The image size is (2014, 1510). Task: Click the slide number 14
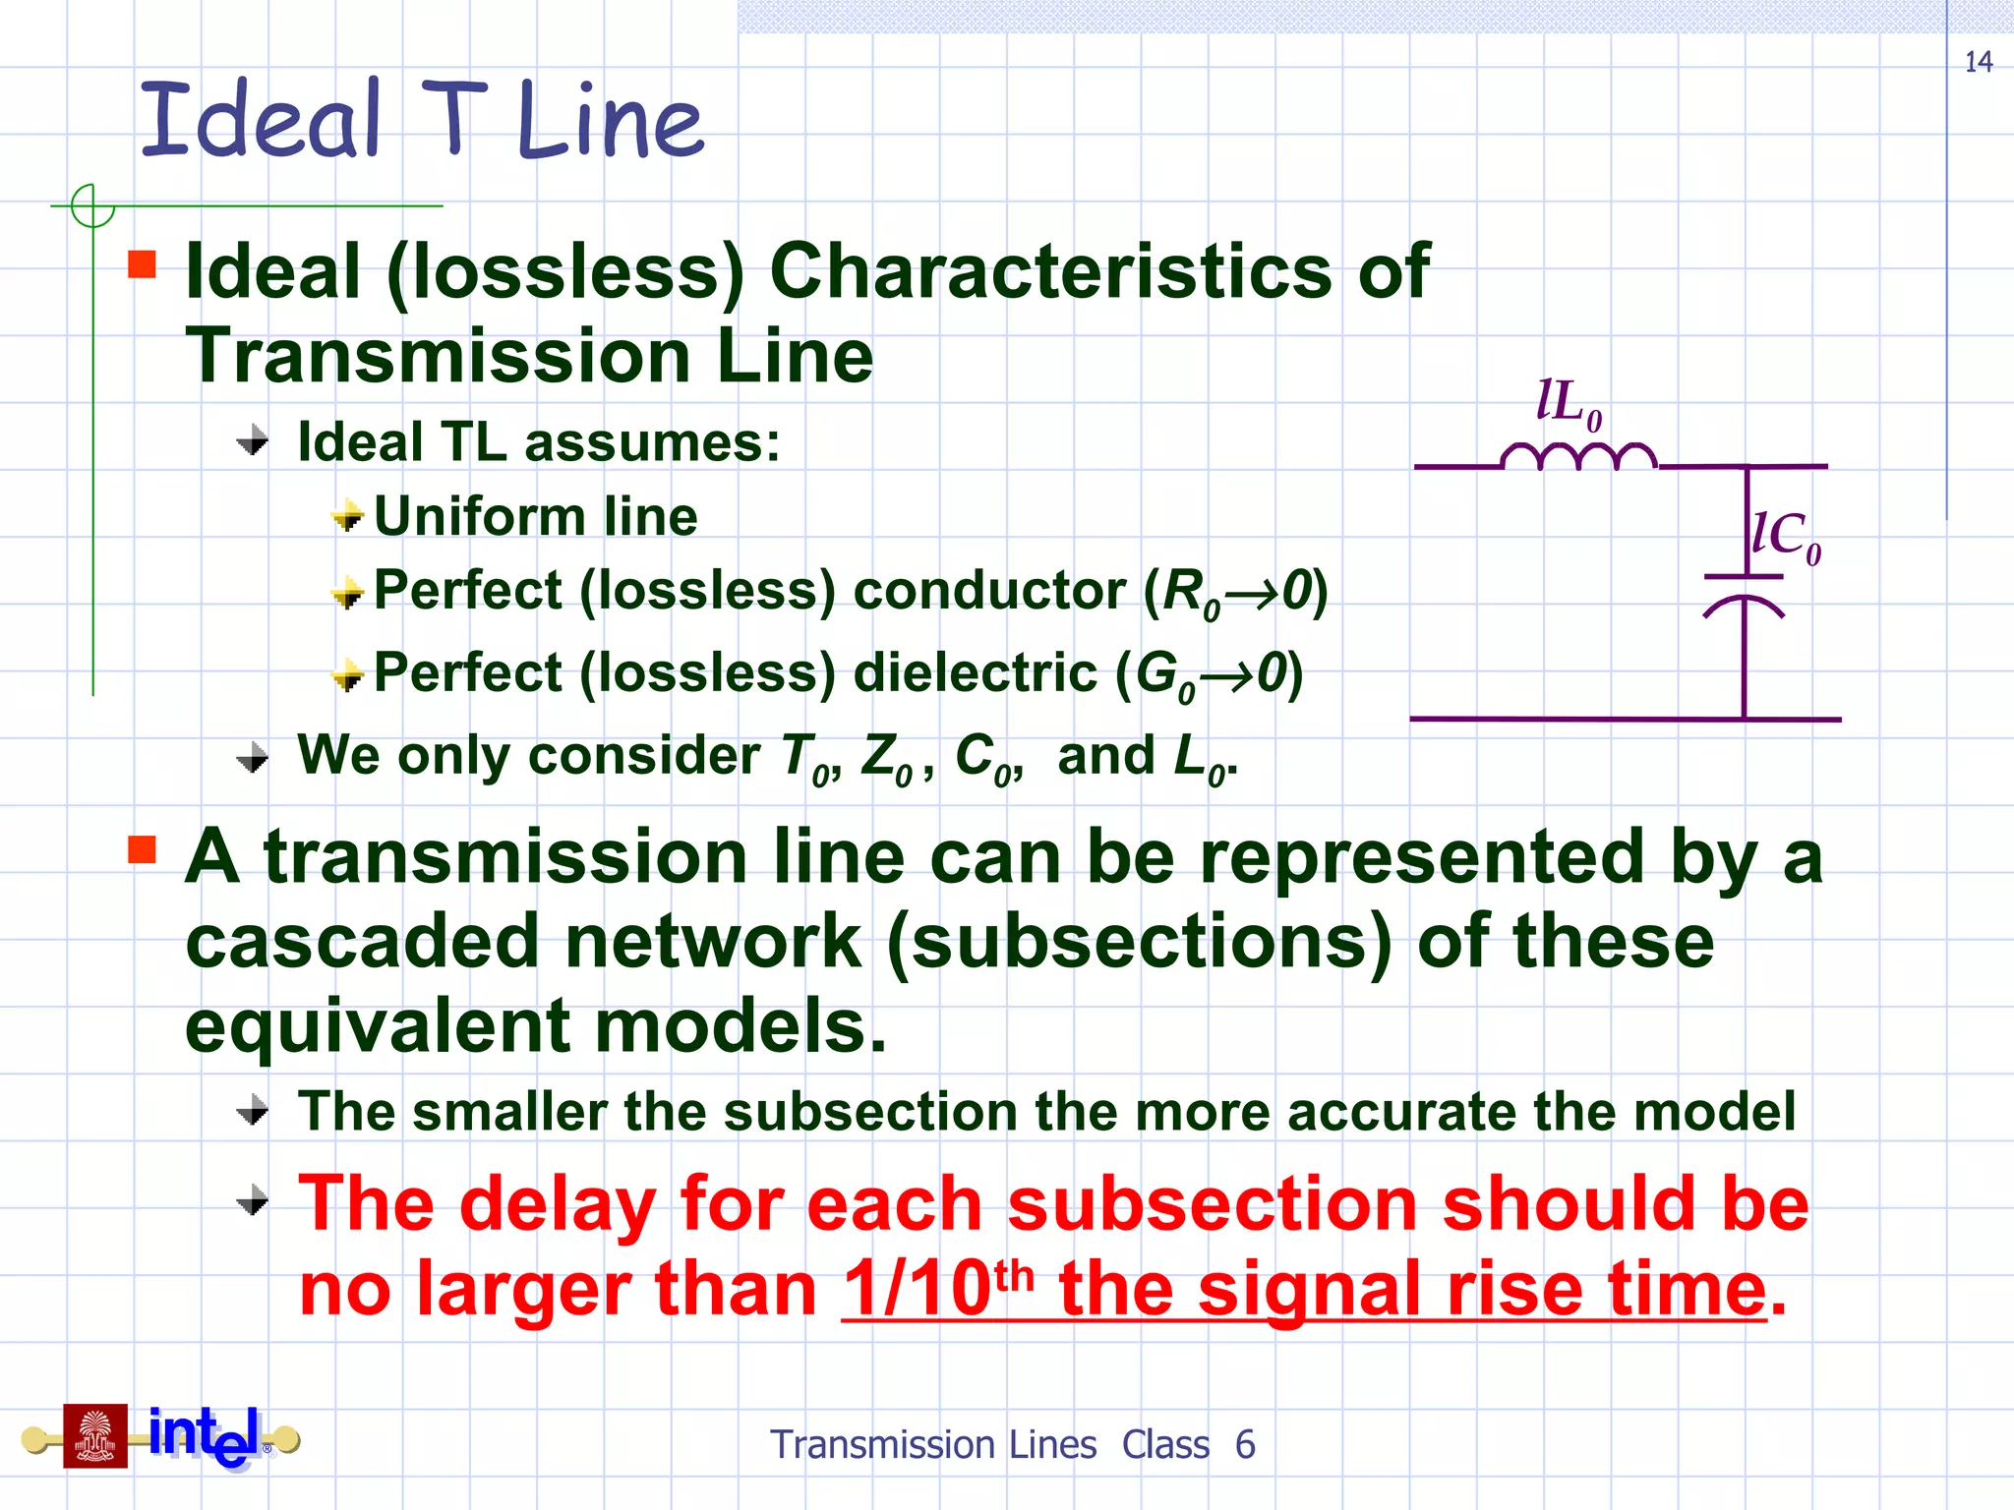pos(1978,63)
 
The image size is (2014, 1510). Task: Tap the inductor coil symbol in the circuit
pos(1578,457)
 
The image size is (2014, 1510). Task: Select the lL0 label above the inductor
pos(1569,403)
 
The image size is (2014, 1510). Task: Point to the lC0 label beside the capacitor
pos(1786,537)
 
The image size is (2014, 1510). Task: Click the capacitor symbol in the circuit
pos(1744,595)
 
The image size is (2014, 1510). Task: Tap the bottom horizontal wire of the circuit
pos(1623,719)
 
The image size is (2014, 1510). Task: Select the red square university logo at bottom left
pos(95,1436)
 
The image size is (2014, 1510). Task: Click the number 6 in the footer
pos(1245,1445)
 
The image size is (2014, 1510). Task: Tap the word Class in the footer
pos(1165,1445)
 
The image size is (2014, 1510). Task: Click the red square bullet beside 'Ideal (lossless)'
pos(143,264)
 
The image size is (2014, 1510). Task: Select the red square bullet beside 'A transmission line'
pos(143,849)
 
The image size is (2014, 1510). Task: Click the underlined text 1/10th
pos(939,1288)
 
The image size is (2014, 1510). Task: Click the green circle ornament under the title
pos(93,206)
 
